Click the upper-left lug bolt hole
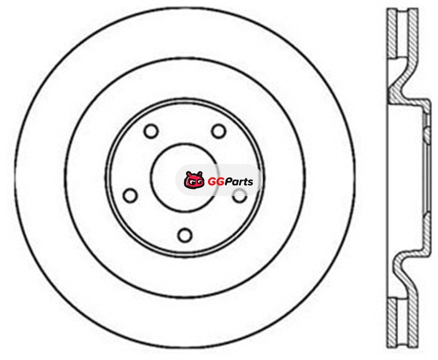tap(151, 131)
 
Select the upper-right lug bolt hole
tap(218, 131)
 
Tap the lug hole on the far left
tap(130, 196)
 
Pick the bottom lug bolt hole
tap(185, 235)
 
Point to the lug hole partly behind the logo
tap(240, 196)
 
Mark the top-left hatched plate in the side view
tap(392, 33)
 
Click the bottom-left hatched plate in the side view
tap(392, 323)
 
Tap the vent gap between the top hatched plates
tap(402, 33)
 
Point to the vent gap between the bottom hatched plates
tap(402, 323)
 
